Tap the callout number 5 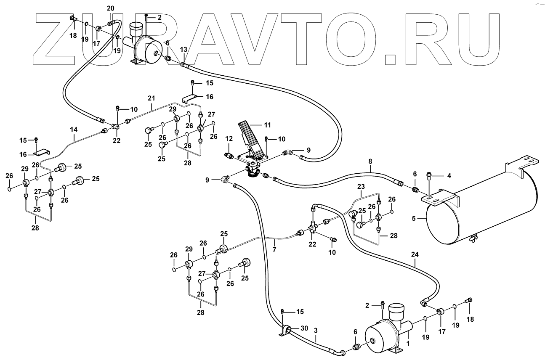(414, 219)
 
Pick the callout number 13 (183, 50)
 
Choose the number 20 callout (110, 8)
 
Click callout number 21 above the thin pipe (152, 98)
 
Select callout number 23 (361, 186)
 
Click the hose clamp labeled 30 (287, 329)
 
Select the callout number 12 (229, 138)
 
